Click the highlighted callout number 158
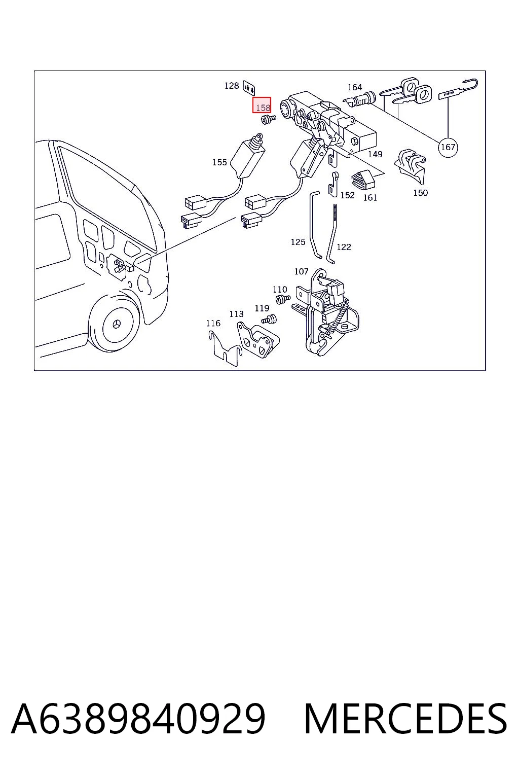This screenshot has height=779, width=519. point(262,105)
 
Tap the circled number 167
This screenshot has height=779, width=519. point(448,148)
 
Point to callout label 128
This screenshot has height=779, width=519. point(232,86)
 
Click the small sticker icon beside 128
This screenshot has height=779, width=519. point(249,87)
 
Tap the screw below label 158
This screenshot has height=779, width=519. point(268,119)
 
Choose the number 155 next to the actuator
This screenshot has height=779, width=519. point(219,162)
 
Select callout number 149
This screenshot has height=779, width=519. point(375,154)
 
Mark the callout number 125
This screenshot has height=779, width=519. point(298,242)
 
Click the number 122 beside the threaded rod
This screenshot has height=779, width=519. point(344,247)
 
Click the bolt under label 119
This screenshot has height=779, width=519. point(270,318)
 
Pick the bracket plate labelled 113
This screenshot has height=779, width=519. point(258,340)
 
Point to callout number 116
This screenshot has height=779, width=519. point(213,324)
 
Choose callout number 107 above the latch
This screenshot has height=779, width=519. point(301,271)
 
